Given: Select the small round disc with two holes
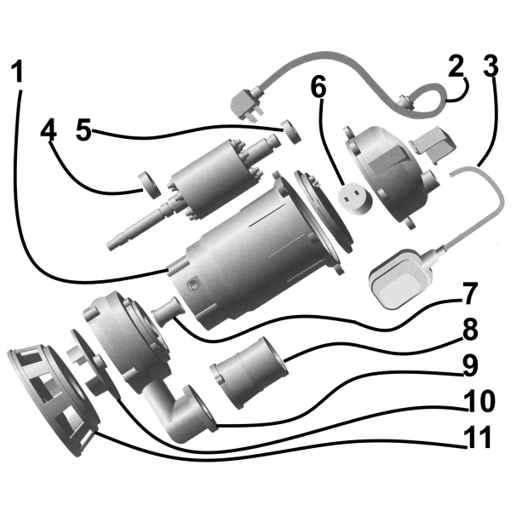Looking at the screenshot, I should point(353,194).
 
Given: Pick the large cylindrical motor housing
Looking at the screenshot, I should point(247,255).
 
